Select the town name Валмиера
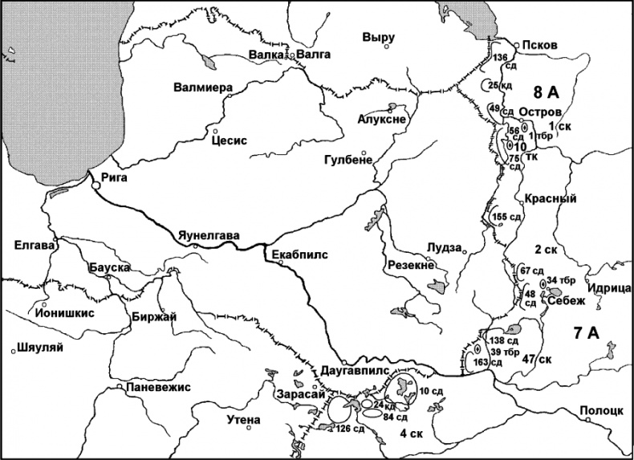[x=202, y=88]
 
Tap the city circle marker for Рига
[x=96, y=185]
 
